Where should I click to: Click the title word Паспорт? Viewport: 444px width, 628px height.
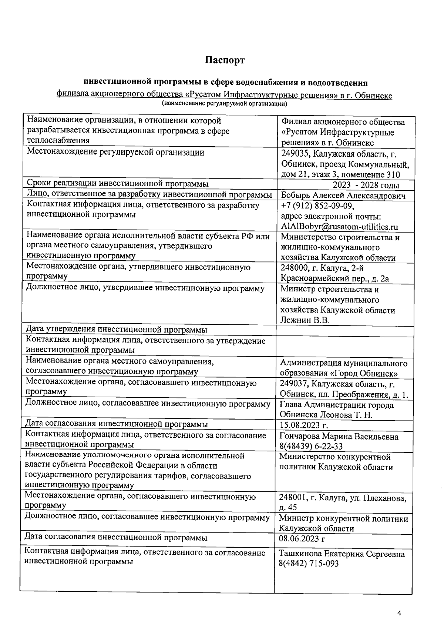[x=225, y=60]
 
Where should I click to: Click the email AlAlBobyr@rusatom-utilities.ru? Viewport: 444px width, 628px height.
[x=339, y=227]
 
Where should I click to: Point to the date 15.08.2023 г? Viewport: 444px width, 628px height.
[x=304, y=425]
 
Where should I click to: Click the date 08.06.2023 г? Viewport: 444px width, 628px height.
[x=302, y=539]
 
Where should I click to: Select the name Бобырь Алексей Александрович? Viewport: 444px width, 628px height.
[x=343, y=196]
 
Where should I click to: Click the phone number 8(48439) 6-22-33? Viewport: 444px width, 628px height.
[x=311, y=446]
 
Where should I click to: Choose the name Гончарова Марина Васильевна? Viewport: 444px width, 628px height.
[x=339, y=437]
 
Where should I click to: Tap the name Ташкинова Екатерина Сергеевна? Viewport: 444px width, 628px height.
[x=342, y=554]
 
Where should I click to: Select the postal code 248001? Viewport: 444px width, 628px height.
[x=293, y=498]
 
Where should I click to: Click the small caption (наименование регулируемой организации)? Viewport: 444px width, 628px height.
[x=225, y=104]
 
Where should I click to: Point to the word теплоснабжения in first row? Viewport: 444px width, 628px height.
[x=58, y=140]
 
